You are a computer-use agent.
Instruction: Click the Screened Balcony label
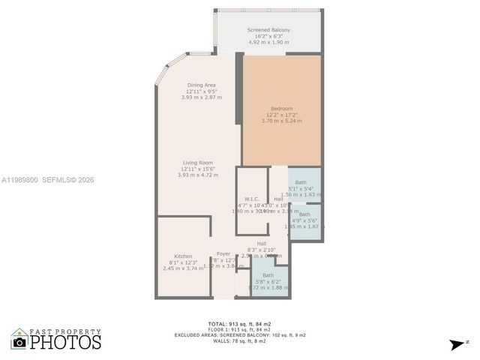[268, 30]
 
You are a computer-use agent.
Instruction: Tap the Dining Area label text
[202, 85]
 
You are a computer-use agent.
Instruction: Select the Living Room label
[198, 162]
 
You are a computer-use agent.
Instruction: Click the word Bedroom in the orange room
[282, 108]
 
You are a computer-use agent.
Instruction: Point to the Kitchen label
[184, 256]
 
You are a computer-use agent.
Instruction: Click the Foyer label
[223, 253]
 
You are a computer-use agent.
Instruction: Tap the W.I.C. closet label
[252, 199]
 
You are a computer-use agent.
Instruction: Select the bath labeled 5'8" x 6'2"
[268, 275]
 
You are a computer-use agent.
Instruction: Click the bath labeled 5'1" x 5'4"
[301, 182]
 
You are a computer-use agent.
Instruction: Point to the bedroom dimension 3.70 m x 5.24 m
[282, 120]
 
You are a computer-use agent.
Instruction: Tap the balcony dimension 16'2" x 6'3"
[268, 36]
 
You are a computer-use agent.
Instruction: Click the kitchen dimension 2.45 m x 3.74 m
[184, 268]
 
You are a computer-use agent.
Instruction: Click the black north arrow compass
[457, 344]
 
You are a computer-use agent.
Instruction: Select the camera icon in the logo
[19, 342]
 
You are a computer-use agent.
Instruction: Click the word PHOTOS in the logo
[65, 343]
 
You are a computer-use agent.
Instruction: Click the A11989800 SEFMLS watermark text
[47, 180]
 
